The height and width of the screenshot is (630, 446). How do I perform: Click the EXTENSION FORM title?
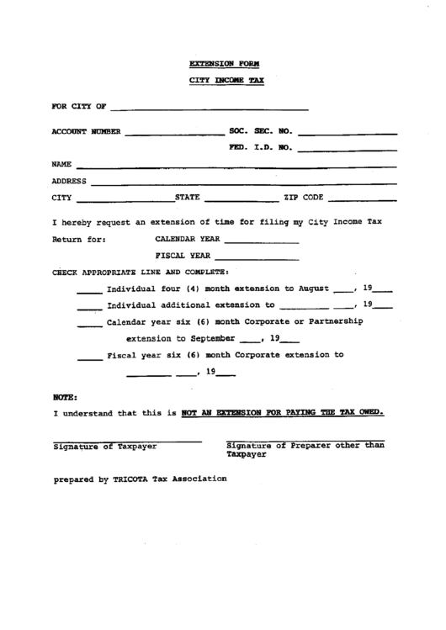tap(224, 63)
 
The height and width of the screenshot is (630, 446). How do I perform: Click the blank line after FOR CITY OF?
tap(209, 110)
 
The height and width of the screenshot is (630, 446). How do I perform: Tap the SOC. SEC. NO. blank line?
tap(347, 134)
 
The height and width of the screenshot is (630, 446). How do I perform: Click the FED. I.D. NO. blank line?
tap(347, 151)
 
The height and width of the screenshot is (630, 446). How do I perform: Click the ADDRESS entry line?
tap(244, 183)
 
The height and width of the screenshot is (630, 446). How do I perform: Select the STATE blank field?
tap(241, 200)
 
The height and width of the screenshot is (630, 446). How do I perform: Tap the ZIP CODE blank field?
tap(362, 200)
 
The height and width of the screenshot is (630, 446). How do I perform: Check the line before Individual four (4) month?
tap(89, 292)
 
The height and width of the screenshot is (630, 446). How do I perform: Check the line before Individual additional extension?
tap(89, 308)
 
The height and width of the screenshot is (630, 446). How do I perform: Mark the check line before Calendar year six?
tap(89, 325)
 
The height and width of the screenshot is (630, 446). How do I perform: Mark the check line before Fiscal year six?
tap(89, 357)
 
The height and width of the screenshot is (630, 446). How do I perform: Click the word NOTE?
tap(65, 394)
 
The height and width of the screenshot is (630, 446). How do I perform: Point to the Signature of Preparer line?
tap(306, 442)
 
